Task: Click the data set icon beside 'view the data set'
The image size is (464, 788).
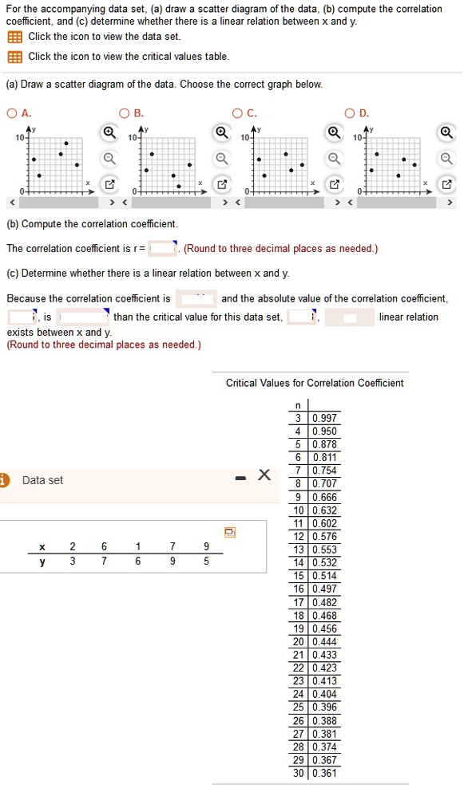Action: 14,37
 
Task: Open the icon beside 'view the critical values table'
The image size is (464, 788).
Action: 14,57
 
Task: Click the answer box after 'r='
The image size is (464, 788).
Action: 163,248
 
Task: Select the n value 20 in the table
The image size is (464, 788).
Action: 299,641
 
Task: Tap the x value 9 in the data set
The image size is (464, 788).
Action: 206,546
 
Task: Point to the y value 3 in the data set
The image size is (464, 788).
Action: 72,561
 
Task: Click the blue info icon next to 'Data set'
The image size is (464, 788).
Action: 5,479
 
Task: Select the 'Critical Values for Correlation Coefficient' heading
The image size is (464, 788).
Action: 315,383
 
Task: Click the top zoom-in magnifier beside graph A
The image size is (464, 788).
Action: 107,132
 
